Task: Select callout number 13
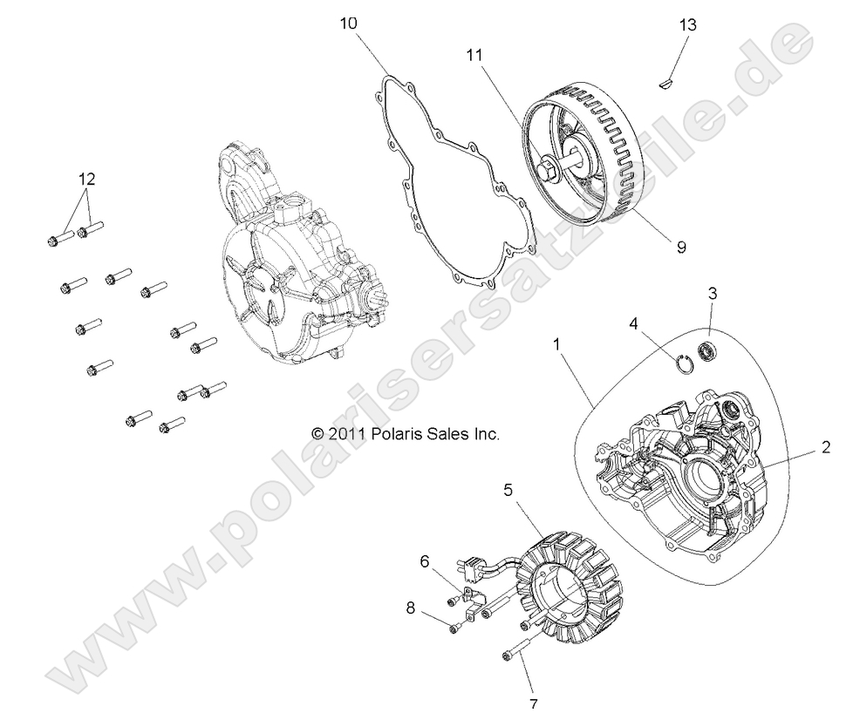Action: point(688,25)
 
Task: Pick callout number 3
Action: point(712,294)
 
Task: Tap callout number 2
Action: point(824,449)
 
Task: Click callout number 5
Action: point(508,490)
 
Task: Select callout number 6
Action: point(425,562)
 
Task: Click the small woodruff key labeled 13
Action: point(665,84)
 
